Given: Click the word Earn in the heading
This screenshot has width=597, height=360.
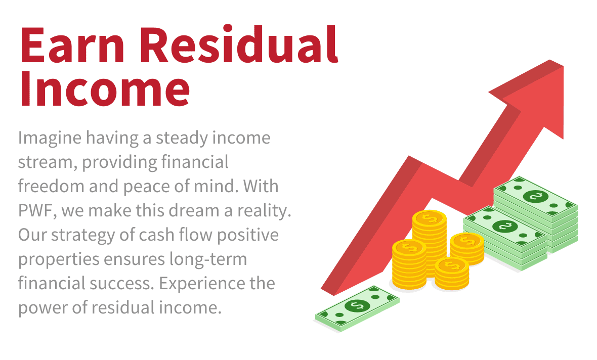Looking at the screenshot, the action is tap(72, 45).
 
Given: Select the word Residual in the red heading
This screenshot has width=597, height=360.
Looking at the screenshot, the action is tap(239, 44).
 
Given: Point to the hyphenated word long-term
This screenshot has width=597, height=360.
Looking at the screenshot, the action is tap(208, 260).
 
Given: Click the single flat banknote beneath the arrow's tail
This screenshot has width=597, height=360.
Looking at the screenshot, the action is tap(357, 308).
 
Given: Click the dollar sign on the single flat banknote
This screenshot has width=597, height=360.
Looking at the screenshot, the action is tap(357, 305).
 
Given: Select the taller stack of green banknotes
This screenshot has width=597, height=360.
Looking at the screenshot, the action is tap(536, 214).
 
